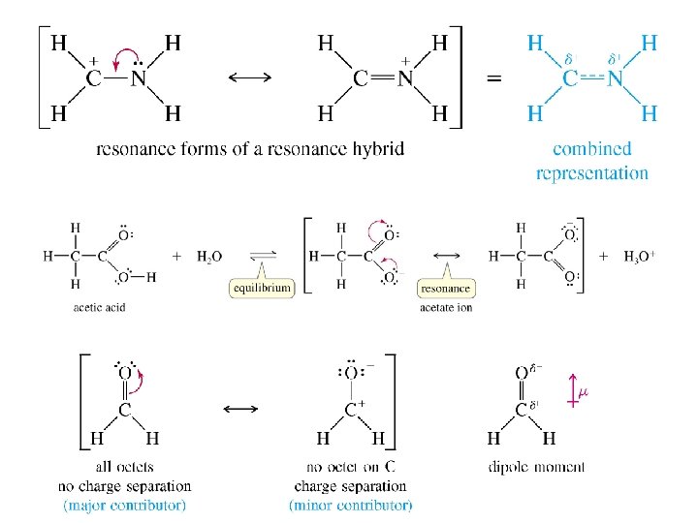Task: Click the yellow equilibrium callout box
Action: coord(262,288)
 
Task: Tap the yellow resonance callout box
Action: coord(446,288)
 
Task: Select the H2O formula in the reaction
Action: coord(208,257)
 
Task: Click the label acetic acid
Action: coord(99,308)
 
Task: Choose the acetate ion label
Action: coord(446,308)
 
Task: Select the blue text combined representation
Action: coord(592,162)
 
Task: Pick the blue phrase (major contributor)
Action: coord(124,505)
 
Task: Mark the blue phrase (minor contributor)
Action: coord(350,505)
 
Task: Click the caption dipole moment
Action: coord(536,467)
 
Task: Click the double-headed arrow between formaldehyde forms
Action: coord(240,409)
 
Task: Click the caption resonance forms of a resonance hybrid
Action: coord(250,149)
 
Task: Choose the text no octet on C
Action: coord(351,467)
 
